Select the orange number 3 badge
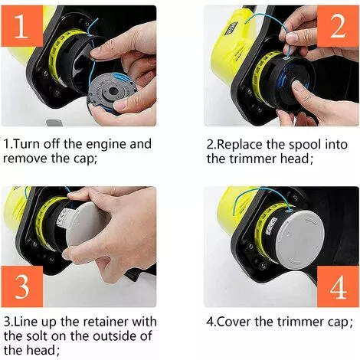pyautogui.click(x=25, y=286)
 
